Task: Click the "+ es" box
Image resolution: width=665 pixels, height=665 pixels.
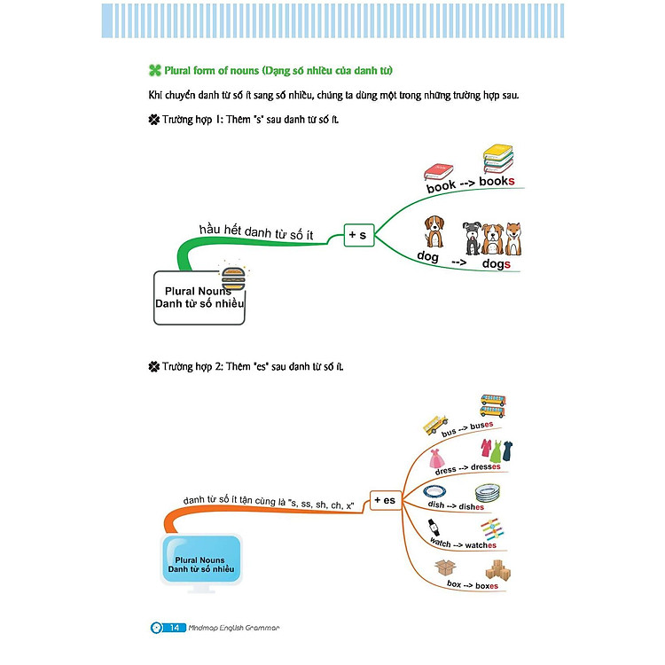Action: click(384, 500)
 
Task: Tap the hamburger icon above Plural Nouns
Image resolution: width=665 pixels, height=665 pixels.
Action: click(233, 274)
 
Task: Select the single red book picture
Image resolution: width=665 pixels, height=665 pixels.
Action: click(438, 169)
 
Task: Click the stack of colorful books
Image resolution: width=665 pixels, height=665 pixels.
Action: click(499, 160)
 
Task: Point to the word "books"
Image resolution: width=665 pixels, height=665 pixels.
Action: click(497, 182)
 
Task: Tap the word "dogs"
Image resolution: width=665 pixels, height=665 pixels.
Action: click(496, 263)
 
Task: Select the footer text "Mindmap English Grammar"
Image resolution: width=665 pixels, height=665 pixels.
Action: click(234, 628)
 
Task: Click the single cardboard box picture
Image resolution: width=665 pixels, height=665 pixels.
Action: click(444, 569)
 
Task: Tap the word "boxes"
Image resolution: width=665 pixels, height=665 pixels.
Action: click(484, 585)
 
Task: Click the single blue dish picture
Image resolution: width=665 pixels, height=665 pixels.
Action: click(434, 492)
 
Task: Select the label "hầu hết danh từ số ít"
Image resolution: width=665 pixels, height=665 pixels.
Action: click(257, 231)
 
